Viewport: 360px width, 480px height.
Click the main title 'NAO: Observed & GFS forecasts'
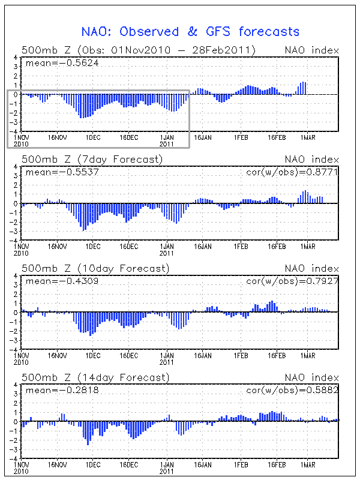190,31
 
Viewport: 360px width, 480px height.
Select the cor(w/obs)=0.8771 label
292,172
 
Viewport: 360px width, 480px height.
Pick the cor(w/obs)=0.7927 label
292,280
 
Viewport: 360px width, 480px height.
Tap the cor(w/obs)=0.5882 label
292,390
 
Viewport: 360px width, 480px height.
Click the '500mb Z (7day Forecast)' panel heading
92,159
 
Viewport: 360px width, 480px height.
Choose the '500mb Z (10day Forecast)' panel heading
95,268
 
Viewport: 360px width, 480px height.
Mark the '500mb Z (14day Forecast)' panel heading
95,377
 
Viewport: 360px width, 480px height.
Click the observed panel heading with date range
139,50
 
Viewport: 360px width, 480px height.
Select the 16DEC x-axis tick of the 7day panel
128,246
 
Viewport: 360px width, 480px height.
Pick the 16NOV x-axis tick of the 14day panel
58,464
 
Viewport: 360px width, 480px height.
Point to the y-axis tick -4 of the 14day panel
14,458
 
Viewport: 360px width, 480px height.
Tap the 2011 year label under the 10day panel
167,362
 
